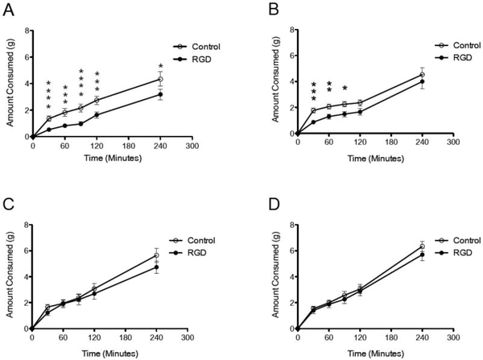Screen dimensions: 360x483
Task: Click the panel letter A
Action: (x=7, y=10)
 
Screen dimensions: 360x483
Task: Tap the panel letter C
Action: (x=7, y=205)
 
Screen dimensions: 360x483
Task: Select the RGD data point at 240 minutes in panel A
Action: (x=160, y=94)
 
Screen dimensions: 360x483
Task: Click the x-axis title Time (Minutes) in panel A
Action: (x=112, y=158)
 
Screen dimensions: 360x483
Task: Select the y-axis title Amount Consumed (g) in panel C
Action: (x=10, y=275)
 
